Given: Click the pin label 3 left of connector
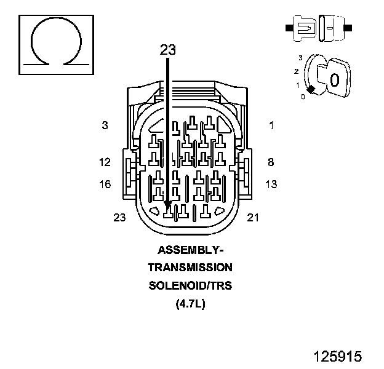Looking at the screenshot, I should pyautogui.click(x=105, y=125).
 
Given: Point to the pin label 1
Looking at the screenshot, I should pyautogui.click(x=271, y=125).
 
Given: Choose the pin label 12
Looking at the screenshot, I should pyautogui.click(x=105, y=162).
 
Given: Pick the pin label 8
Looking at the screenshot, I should pyautogui.click(x=270, y=162).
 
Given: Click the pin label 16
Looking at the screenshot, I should pyautogui.click(x=105, y=184).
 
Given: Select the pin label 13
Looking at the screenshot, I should pyautogui.click(x=271, y=184).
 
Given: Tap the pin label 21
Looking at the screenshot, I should pyautogui.click(x=253, y=217).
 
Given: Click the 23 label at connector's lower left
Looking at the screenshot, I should pyautogui.click(x=119, y=217).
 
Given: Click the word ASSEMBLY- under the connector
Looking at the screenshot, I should pyautogui.click(x=190, y=250).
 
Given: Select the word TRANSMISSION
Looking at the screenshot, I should pyautogui.click(x=190, y=268).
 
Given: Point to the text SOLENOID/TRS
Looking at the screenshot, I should pyautogui.click(x=190, y=286).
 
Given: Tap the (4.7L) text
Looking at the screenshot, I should pyautogui.click(x=190, y=303).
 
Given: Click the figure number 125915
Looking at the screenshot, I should pyautogui.click(x=337, y=356).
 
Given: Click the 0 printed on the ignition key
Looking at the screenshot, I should pyautogui.click(x=334, y=80).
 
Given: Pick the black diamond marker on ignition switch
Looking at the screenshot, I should pyautogui.click(x=311, y=90).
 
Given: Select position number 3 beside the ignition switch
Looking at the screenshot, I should pyautogui.click(x=300, y=58).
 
